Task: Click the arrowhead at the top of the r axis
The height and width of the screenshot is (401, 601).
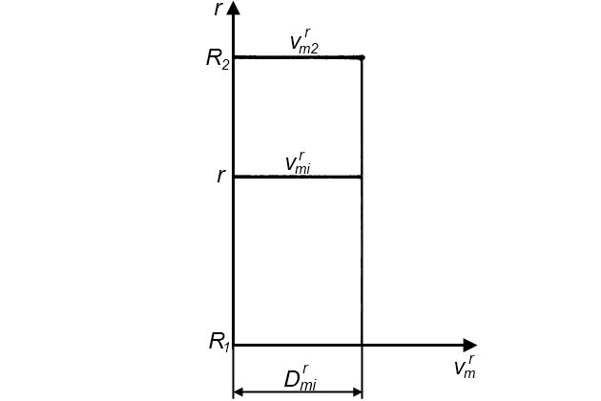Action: point(234,9)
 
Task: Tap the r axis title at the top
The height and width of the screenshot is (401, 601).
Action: point(219,10)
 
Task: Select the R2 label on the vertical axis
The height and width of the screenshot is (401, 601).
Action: point(218,58)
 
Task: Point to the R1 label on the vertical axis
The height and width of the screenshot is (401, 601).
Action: point(219,342)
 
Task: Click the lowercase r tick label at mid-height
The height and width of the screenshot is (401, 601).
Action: point(221,177)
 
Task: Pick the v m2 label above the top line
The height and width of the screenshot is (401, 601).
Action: point(304,42)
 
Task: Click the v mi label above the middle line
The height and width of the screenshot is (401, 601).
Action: point(298,162)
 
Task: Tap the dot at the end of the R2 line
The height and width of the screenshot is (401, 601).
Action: point(362,57)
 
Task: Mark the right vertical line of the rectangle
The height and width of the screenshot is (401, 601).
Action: point(362,258)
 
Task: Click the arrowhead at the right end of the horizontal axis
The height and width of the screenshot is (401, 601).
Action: point(469,346)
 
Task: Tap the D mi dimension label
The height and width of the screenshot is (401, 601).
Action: point(300,379)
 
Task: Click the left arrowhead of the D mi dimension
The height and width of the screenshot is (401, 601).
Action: point(238,391)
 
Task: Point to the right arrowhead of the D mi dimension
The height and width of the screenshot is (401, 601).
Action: point(357,391)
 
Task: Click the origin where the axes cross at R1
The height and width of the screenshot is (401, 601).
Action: point(234,346)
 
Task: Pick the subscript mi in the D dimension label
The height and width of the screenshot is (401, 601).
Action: point(308,385)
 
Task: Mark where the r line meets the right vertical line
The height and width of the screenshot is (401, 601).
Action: point(362,177)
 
